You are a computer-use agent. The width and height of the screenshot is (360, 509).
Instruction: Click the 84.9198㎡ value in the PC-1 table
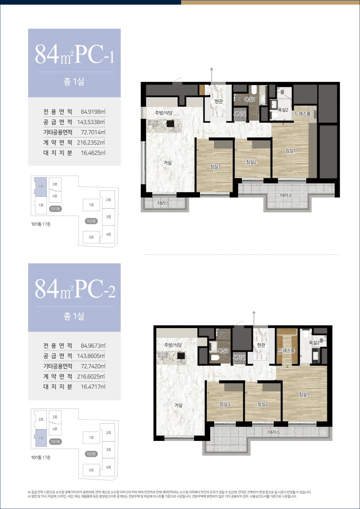[93, 112]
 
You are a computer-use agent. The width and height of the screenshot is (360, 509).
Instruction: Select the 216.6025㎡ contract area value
[91, 376]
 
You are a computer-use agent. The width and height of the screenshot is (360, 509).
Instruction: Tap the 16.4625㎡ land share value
[93, 153]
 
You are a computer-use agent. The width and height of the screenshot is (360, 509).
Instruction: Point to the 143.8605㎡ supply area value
[91, 356]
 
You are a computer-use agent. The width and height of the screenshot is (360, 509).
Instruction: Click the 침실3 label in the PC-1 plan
[215, 166]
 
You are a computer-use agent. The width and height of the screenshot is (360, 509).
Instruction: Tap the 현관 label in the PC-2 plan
[261, 345]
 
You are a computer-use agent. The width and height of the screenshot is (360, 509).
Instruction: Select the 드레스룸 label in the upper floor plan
[302, 114]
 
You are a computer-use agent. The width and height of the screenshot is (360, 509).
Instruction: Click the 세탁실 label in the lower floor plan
[239, 358]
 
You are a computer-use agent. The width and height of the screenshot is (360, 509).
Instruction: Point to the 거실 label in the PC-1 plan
[167, 163]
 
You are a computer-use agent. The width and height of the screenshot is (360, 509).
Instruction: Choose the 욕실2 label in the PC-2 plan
[314, 343]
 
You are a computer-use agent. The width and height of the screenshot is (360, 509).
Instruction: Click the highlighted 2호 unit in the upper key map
[40, 187]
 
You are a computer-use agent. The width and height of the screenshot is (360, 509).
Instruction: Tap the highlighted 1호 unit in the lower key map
[41, 438]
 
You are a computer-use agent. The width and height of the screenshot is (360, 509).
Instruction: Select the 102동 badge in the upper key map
[91, 221]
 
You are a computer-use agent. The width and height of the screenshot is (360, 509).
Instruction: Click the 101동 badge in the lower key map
[55, 442]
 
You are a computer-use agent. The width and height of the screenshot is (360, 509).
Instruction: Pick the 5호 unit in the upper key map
[91, 237]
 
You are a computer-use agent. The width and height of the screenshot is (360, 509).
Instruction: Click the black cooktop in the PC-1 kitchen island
[170, 124]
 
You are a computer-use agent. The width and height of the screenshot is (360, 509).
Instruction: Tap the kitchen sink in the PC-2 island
[163, 355]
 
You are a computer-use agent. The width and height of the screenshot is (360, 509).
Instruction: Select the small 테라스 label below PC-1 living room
[163, 203]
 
